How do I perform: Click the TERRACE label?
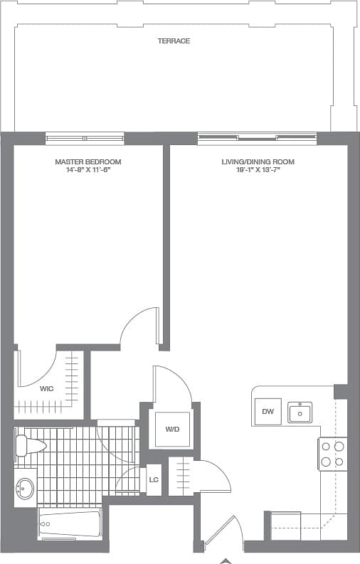[174, 41]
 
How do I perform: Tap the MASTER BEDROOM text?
[88, 162]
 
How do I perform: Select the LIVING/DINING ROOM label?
[258, 162]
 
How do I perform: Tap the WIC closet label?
[46, 388]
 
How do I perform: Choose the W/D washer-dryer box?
[172, 430]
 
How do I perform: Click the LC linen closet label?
[153, 479]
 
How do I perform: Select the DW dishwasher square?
[268, 412]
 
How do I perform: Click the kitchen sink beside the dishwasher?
[300, 413]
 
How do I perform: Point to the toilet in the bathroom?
[28, 445]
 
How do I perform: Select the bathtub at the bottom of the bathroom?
[68, 525]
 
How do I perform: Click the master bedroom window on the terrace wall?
[85, 138]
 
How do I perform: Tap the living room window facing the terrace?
[257, 138]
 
